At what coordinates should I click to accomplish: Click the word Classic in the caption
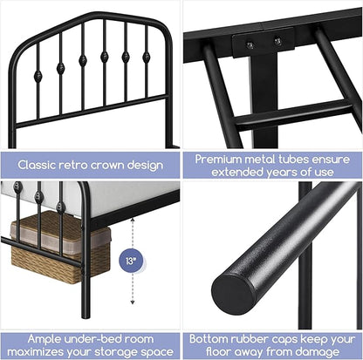(x=40, y=164)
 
